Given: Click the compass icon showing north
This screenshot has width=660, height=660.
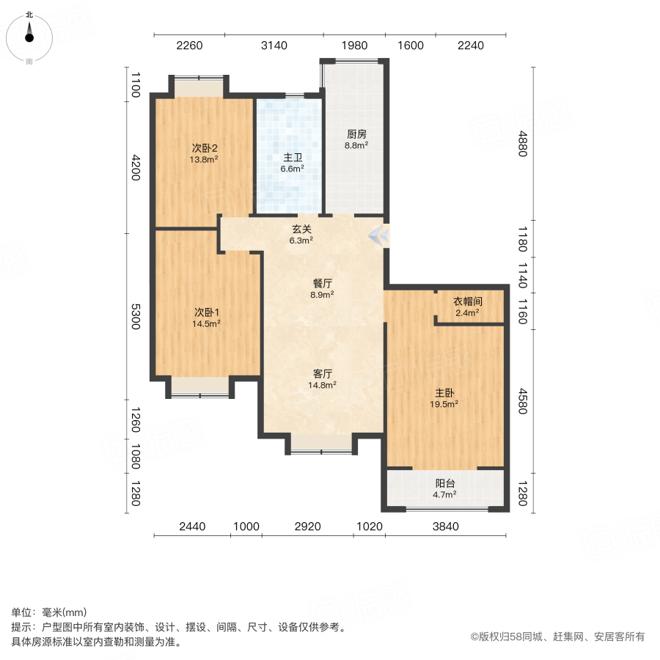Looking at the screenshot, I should click(29, 37).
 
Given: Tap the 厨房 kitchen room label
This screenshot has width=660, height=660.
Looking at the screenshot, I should click(356, 134).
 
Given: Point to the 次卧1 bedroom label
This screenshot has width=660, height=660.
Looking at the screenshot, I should click(205, 311).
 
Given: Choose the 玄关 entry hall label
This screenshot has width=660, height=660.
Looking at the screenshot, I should click(301, 229).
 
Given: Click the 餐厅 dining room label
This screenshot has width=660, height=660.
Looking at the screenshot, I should click(323, 283).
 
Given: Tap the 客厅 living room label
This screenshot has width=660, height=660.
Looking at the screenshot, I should click(323, 373).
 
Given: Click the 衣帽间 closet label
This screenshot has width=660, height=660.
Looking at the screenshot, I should click(467, 301).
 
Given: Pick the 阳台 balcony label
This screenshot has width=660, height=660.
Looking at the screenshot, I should click(444, 484).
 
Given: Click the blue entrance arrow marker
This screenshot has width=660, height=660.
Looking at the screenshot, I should click(379, 235).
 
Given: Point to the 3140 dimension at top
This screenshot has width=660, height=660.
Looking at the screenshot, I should click(274, 46).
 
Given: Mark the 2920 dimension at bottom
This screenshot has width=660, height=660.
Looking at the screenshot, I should click(307, 526).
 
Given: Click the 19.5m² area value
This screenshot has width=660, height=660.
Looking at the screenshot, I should click(444, 403).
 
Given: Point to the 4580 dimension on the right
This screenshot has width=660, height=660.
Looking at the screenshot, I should click(522, 398).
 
